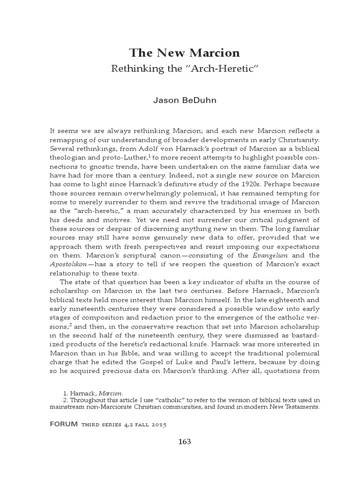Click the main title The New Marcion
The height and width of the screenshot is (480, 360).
tap(184, 52)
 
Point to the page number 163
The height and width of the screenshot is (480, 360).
tap(184, 442)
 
